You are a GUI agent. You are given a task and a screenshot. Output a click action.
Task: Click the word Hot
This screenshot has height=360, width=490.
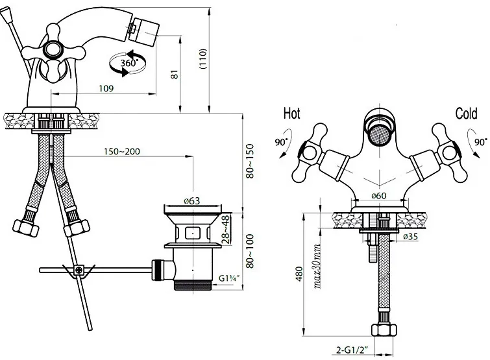pyautogui.click(x=291, y=114)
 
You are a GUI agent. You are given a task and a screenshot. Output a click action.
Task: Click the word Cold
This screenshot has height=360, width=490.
pyautogui.click(x=466, y=114)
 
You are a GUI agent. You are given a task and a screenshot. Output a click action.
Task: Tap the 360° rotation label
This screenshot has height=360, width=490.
pyautogui.click(x=129, y=63)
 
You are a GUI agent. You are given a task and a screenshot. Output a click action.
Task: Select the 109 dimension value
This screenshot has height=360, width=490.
pyautogui.click(x=106, y=89)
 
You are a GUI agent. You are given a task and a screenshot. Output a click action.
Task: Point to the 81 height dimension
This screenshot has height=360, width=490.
pyautogui.click(x=175, y=75)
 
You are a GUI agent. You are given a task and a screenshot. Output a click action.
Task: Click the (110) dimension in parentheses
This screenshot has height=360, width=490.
pyautogui.click(x=202, y=59)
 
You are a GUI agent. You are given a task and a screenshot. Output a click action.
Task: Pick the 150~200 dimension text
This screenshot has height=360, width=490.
pyautogui.click(x=122, y=151)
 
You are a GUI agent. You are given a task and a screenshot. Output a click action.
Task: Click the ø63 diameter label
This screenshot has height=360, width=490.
pyautogui.click(x=191, y=201)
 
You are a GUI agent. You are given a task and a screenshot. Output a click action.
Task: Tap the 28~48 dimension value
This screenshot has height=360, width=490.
pyautogui.click(x=226, y=230)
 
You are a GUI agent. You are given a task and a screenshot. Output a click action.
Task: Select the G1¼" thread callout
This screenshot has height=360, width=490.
pyautogui.click(x=228, y=278)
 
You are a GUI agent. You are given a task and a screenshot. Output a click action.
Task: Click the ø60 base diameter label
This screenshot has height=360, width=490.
pyautogui.click(x=378, y=196)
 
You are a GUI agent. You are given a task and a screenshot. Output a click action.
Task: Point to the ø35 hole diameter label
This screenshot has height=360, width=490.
pyautogui.click(x=410, y=237)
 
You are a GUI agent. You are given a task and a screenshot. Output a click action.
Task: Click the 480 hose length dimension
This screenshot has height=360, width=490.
pyautogui.click(x=299, y=274)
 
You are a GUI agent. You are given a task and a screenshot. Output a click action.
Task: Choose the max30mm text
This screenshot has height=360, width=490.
pyautogui.click(x=317, y=266)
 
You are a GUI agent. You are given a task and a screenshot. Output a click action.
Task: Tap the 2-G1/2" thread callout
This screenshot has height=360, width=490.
pyautogui.click(x=351, y=350)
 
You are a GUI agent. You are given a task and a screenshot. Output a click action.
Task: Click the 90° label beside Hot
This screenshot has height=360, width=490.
pyautogui.click(x=281, y=142)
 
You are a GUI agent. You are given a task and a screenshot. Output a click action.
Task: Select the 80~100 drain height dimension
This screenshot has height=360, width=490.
pyautogui.click(x=250, y=251)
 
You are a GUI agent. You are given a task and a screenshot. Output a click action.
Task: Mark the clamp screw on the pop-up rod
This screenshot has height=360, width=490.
pyautogui.click(x=79, y=270)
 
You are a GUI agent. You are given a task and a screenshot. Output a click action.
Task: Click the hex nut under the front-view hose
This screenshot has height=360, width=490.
pyautogui.click(x=384, y=330)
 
